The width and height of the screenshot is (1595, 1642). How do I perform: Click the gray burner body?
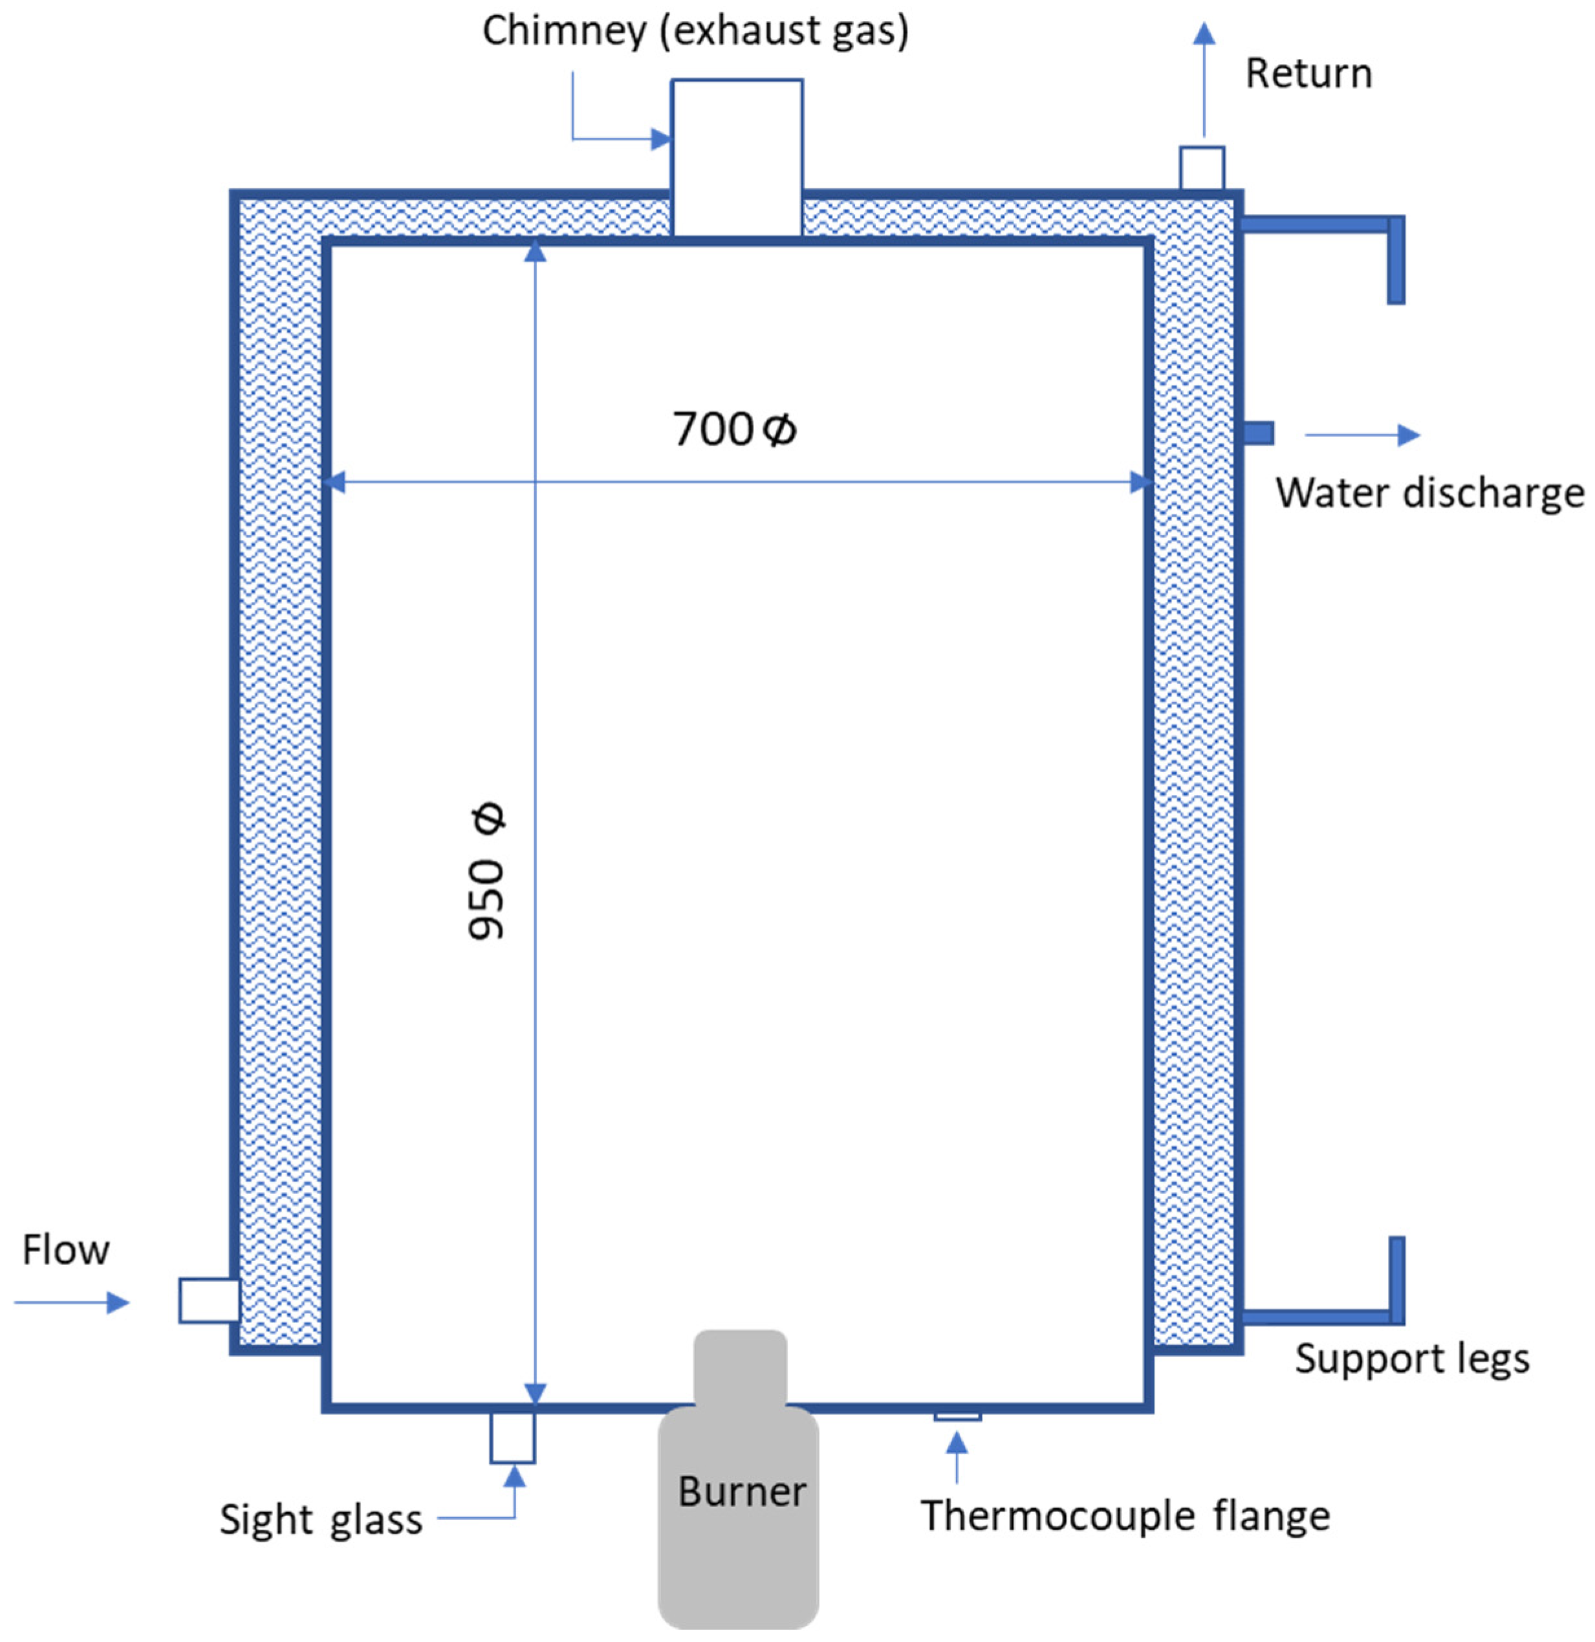(738, 1558)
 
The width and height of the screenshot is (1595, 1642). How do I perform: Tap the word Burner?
(741, 1491)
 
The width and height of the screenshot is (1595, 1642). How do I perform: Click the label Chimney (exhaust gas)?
(695, 32)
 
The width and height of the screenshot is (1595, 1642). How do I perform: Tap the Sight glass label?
(321, 1519)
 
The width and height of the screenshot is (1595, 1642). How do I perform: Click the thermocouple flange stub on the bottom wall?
(957, 1416)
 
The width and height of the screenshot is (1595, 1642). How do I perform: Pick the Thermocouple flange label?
(1125, 1515)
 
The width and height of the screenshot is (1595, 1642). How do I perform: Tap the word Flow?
(65, 1250)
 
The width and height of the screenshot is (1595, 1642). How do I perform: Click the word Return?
(1308, 74)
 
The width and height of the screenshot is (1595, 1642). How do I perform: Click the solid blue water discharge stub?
(1258, 433)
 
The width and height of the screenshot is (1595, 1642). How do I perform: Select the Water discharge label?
(1429, 493)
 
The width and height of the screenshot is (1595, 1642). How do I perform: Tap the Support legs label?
(1413, 1358)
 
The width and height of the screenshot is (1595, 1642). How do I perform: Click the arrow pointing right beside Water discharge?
(1363, 435)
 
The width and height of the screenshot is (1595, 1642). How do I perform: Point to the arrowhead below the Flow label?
(117, 1302)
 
